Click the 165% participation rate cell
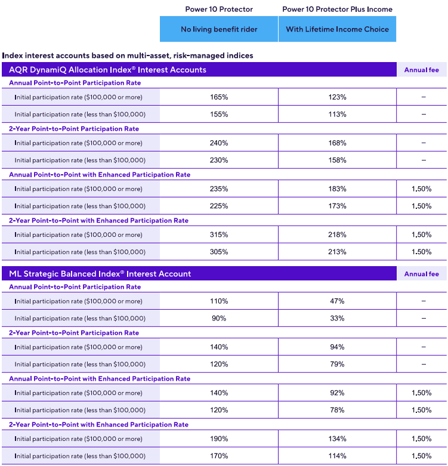click(x=219, y=97)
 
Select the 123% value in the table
click(x=337, y=97)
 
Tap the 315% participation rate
click(x=219, y=234)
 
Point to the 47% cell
click(x=337, y=301)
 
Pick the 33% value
click(x=337, y=319)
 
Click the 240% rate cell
click(x=219, y=143)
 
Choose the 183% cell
click(x=337, y=189)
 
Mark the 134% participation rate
click(x=337, y=439)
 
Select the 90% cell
click(x=219, y=319)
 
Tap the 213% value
click(x=337, y=252)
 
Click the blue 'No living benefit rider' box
click(x=219, y=29)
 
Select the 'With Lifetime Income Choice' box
click(x=337, y=29)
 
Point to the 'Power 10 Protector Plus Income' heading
click(x=337, y=10)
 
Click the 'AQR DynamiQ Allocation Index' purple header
click(x=107, y=70)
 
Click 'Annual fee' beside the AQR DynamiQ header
click(x=421, y=70)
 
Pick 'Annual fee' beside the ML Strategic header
click(x=421, y=274)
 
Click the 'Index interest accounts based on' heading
click(x=128, y=55)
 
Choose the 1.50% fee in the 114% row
click(x=421, y=456)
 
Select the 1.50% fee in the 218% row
click(x=421, y=234)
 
